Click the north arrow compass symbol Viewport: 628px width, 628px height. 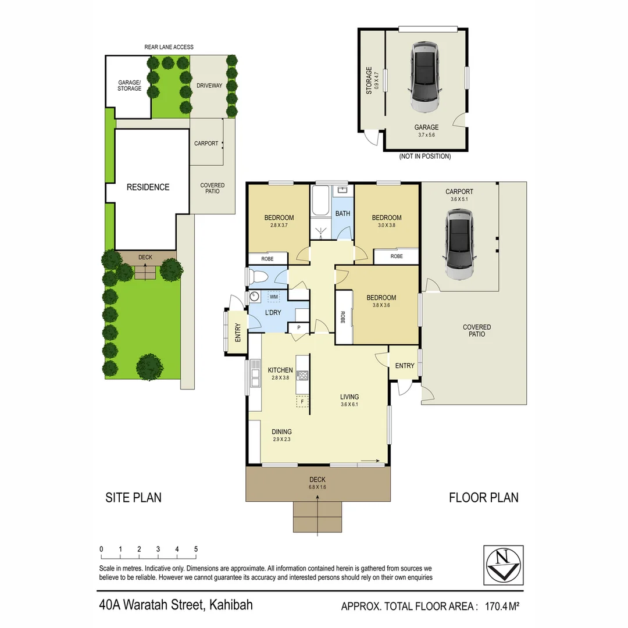(503, 565)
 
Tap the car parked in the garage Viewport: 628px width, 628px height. (426, 77)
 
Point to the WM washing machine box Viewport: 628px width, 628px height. (274, 297)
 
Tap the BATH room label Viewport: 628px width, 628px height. (342, 213)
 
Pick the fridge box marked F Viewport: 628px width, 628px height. (302, 401)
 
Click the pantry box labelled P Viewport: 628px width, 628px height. (299, 328)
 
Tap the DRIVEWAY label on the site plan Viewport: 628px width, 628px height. (209, 85)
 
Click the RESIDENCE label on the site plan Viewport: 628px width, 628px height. (148, 187)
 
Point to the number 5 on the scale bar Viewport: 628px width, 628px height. (196, 549)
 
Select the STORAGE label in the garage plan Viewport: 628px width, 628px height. (369, 80)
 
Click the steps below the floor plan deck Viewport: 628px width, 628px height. (317, 516)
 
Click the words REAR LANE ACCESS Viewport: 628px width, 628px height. (169, 47)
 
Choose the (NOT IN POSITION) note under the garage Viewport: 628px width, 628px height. (425, 156)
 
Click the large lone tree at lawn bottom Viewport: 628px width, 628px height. (149, 367)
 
